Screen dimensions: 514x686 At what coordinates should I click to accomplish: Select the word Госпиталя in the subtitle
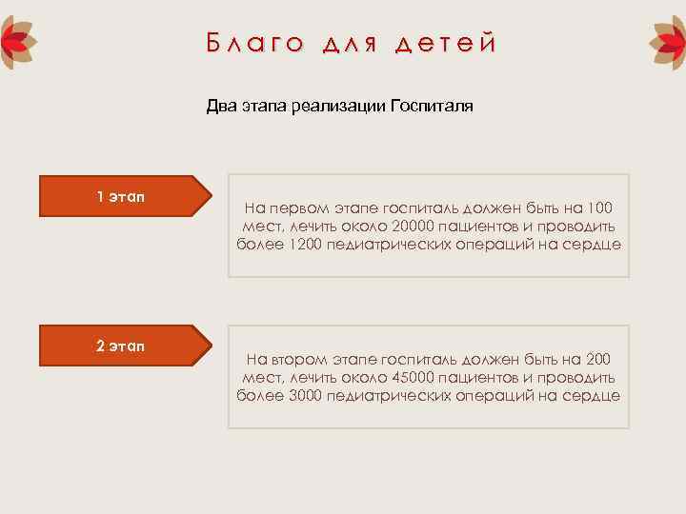click(x=431, y=107)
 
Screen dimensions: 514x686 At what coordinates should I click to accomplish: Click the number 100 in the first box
click(x=600, y=208)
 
